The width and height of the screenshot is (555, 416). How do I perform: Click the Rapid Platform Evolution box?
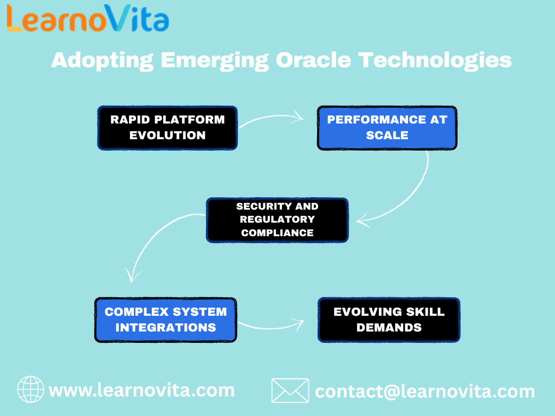[167, 128]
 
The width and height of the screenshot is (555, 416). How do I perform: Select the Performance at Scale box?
[387, 128]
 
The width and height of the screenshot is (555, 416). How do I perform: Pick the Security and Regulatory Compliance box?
[277, 219]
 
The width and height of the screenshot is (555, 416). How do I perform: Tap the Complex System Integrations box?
[165, 320]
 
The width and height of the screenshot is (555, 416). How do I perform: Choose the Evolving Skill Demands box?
[389, 320]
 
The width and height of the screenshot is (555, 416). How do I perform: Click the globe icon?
[31, 390]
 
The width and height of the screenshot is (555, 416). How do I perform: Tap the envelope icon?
[290, 391]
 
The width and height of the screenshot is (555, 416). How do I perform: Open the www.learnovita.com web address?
[141, 390]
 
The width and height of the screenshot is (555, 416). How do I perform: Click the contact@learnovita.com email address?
[424, 391]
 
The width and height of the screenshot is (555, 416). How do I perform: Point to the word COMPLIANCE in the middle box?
[277, 233]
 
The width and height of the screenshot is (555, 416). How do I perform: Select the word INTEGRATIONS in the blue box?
[165, 327]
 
